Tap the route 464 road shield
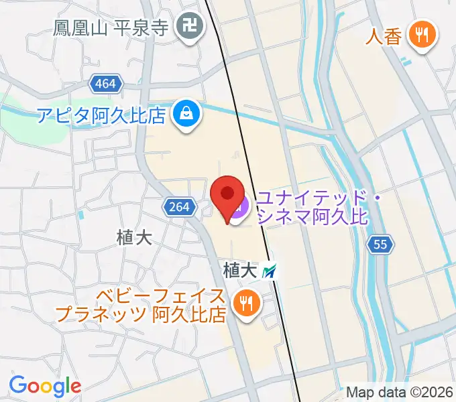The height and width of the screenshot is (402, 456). [105, 84]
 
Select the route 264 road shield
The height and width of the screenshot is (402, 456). [179, 207]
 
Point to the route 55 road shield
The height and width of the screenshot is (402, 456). [380, 245]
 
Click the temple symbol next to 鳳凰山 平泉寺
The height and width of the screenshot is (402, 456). [186, 27]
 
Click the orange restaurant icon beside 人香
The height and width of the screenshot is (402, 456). [422, 34]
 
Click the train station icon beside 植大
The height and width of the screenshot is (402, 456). [270, 271]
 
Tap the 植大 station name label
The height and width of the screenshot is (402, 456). [240, 271]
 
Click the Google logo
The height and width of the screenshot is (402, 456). [45, 386]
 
